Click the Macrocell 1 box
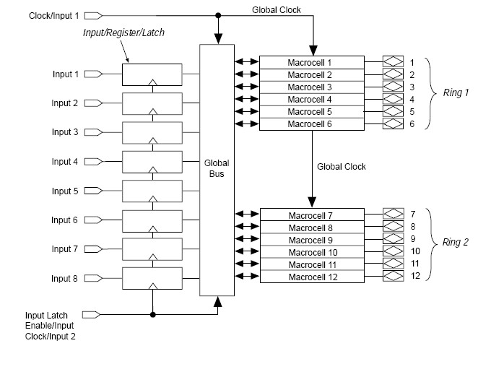click(310, 62)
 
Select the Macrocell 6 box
click(310, 124)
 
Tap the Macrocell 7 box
click(310, 215)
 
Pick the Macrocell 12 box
click(310, 277)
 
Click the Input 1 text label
click(65, 74)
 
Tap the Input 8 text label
click(65, 278)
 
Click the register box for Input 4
click(152, 161)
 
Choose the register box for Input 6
click(152, 220)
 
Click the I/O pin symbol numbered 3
click(392, 87)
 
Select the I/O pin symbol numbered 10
click(392, 251)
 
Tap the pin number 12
click(415, 276)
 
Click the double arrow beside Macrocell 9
click(246, 239)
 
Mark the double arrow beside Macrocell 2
click(246, 75)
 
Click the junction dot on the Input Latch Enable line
click(152, 314)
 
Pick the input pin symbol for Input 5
click(94, 191)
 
